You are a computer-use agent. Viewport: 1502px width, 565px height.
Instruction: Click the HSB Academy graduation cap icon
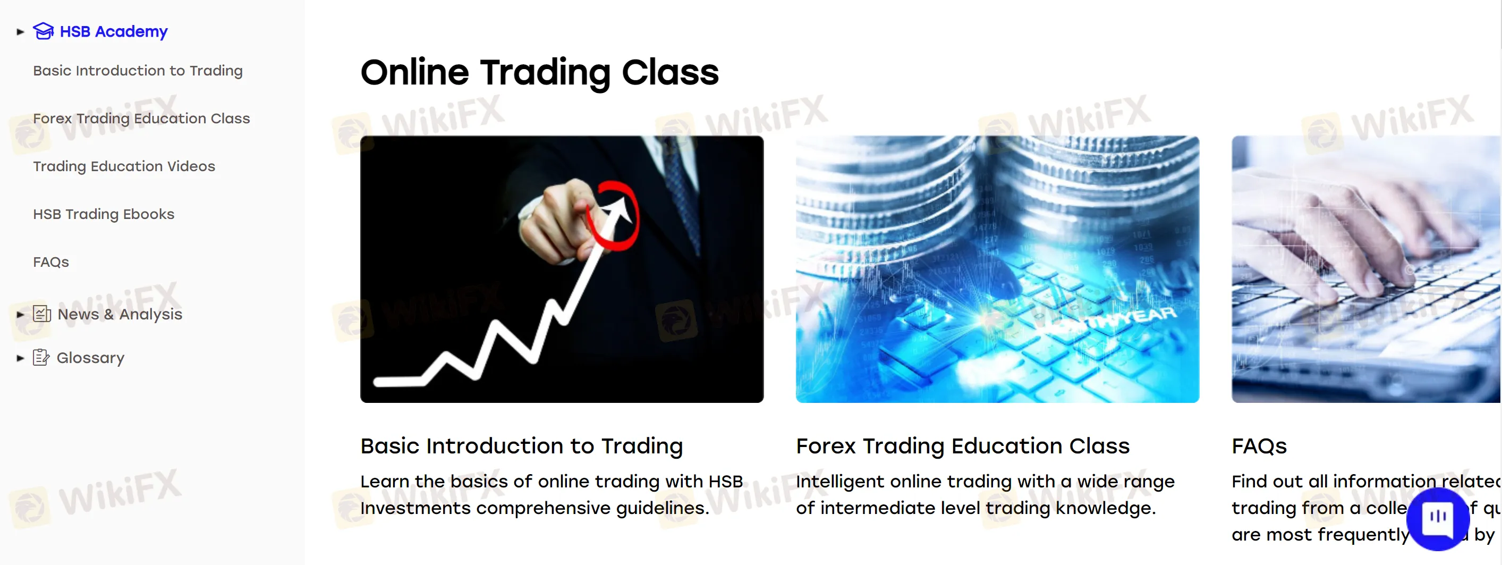pos(43,31)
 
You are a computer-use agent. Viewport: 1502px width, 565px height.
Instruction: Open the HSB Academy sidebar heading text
pos(113,31)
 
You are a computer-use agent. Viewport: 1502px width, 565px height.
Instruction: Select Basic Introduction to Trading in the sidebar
pos(138,71)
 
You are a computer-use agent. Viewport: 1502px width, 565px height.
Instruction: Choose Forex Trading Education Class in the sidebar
pos(141,119)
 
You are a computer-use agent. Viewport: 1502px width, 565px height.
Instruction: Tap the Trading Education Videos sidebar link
pos(124,166)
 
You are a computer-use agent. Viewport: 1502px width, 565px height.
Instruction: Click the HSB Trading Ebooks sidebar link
pos(103,214)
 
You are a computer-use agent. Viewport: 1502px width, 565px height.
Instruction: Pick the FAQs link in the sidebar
pos(50,262)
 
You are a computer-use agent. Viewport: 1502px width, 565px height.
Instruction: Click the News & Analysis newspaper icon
pos(41,314)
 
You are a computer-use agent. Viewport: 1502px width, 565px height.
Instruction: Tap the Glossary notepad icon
pos(41,357)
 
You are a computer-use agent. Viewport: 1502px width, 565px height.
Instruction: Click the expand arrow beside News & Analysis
pos(20,314)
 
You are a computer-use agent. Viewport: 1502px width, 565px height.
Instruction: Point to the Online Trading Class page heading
pos(539,72)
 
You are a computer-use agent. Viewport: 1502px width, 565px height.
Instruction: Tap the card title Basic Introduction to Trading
pos(521,445)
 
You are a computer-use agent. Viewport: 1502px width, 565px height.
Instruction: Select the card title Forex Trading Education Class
pos(962,445)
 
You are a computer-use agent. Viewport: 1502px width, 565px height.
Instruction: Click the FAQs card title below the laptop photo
pos(1258,445)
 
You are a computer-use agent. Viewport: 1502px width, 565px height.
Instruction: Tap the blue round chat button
pos(1437,518)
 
